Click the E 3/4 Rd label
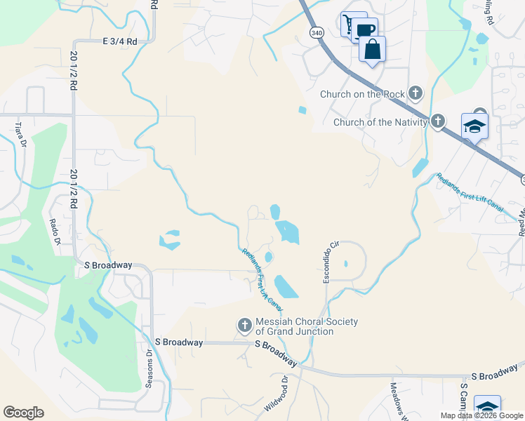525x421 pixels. [119, 41]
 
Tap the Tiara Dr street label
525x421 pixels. [20, 134]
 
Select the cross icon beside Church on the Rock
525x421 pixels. [416, 93]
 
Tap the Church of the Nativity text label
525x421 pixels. [380, 122]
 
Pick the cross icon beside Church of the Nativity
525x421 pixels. [438, 121]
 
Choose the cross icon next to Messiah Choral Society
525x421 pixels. [244, 325]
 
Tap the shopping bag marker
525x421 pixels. [372, 49]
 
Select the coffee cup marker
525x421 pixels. [364, 30]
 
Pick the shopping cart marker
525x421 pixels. [348, 25]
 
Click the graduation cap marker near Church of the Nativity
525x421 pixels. [474, 127]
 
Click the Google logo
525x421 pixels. [24, 412]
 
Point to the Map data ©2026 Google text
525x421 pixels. [481, 415]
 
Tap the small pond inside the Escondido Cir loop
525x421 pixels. [346, 265]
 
